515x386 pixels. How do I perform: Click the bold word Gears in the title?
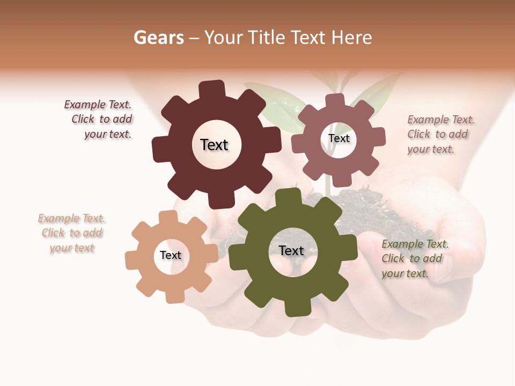tap(158, 38)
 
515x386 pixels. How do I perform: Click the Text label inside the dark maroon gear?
tap(214, 145)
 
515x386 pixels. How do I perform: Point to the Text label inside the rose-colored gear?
tap(339, 138)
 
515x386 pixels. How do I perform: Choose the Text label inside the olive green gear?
tap(291, 250)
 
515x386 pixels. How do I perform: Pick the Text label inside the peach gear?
tap(171, 255)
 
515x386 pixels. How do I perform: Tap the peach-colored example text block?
tap(72, 233)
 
